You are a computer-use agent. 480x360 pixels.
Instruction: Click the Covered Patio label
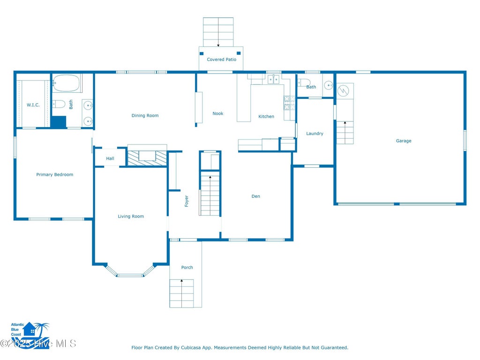[x=221, y=60]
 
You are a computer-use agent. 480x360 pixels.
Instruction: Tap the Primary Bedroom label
[x=55, y=174]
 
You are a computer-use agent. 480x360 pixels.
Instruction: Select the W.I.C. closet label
[x=33, y=105]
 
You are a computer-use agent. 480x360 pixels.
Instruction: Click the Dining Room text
[x=145, y=115]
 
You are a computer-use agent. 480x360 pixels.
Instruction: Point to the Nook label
[x=218, y=113]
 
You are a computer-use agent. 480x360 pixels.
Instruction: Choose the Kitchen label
[x=266, y=116]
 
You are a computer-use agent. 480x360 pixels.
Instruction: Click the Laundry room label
[x=315, y=134]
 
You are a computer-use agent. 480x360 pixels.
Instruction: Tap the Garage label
[x=404, y=141]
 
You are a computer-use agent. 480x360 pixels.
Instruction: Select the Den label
[x=255, y=196]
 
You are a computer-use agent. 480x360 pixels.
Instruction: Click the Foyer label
[x=187, y=201]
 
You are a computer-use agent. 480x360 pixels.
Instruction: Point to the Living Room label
[x=131, y=216]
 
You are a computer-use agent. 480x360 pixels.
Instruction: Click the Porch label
[x=187, y=267]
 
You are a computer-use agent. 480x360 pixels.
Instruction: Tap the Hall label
[x=110, y=158]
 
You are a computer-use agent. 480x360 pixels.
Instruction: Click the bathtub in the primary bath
[x=67, y=83]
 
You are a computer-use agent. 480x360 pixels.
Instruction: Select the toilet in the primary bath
[x=59, y=105]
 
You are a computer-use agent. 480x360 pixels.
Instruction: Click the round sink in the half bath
[x=329, y=85]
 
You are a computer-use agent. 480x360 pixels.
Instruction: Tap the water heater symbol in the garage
[x=343, y=90]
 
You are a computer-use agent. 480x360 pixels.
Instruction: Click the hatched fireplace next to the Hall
[x=147, y=158]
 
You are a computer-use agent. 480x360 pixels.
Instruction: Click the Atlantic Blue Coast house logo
[x=30, y=334]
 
